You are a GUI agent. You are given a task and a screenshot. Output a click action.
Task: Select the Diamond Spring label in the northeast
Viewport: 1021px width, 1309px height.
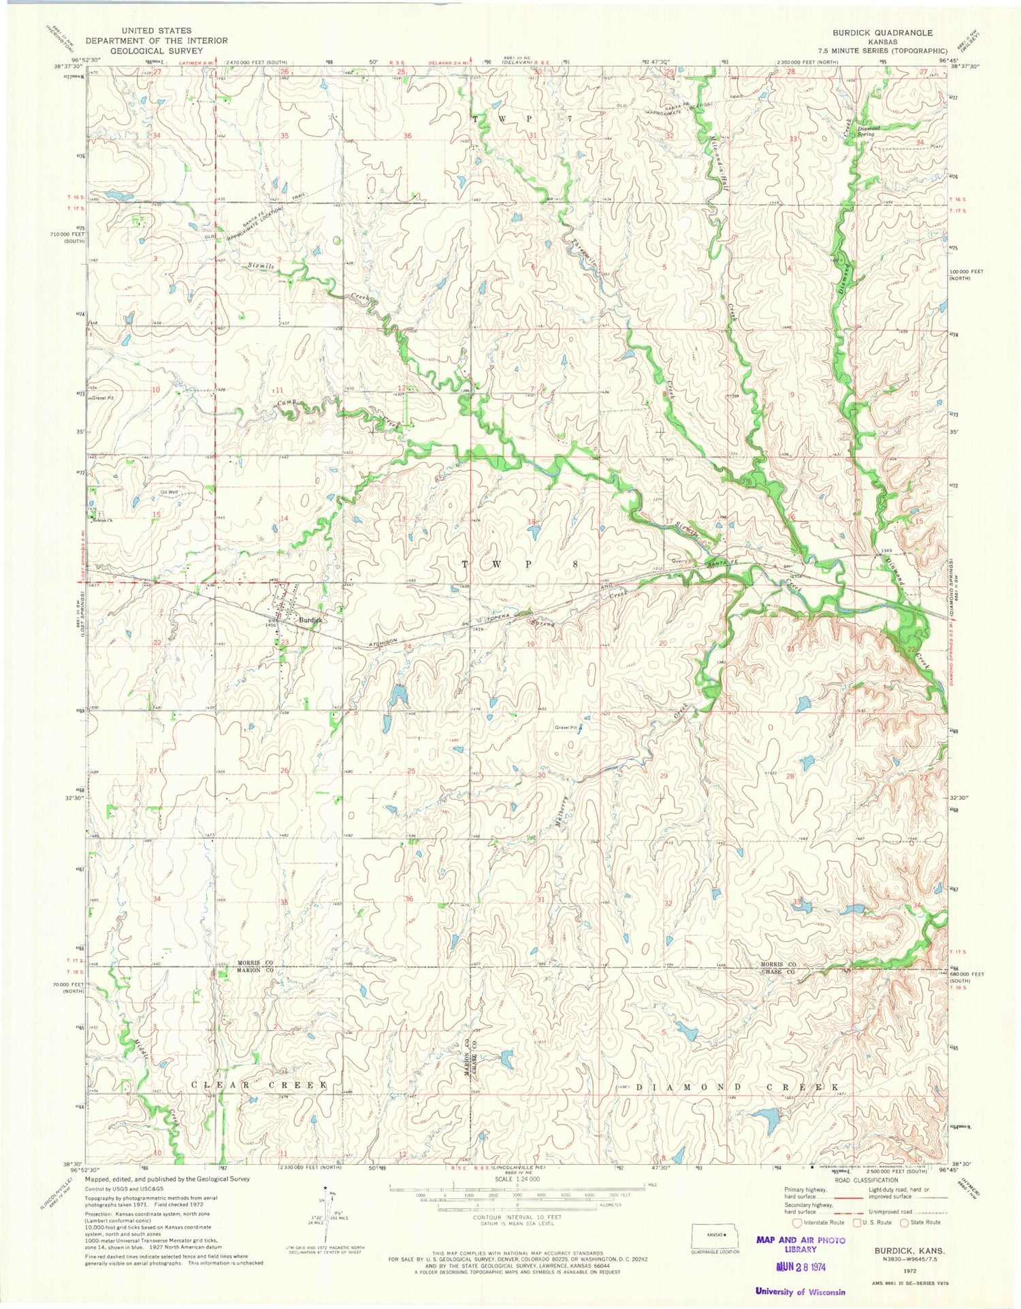tap(869, 131)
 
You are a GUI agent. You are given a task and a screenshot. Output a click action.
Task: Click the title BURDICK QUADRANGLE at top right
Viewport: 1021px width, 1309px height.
tap(886, 33)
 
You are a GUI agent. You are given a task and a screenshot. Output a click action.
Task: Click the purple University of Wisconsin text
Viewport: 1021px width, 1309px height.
tap(800, 1291)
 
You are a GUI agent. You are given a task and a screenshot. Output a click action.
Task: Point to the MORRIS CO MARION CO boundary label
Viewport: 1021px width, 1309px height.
tap(255, 967)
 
